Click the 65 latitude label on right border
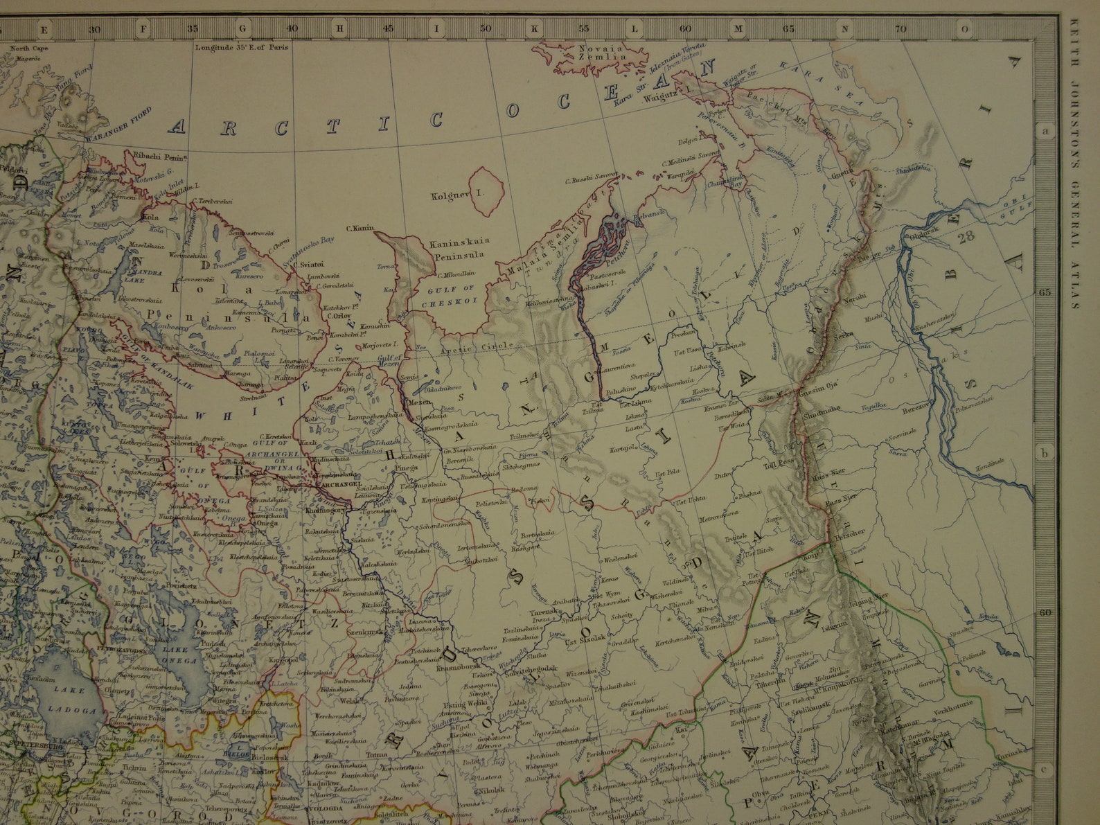(x=1045, y=292)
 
